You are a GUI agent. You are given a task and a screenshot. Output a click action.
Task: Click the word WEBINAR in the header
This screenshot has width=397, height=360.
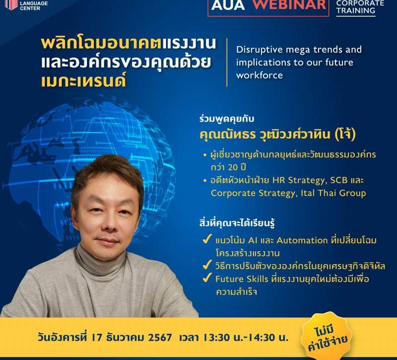point(289,5)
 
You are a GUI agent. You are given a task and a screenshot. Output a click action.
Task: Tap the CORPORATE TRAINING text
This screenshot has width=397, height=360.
point(360,7)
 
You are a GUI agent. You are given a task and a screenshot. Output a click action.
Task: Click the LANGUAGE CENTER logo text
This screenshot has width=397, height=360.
point(34,6)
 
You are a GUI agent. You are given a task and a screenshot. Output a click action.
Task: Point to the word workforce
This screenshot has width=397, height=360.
point(259,75)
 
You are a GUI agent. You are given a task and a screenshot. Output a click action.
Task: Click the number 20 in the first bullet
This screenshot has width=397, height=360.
point(233,167)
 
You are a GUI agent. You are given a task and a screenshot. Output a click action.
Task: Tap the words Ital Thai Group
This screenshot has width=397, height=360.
point(333,193)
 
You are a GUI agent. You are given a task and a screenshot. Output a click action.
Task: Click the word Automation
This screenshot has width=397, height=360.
point(302,240)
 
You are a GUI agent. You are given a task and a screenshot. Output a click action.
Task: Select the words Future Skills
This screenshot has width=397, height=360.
point(242,279)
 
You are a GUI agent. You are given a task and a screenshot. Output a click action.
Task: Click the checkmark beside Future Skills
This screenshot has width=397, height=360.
point(207,278)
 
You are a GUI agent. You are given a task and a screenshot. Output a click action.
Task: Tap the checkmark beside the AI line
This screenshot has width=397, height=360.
point(207,239)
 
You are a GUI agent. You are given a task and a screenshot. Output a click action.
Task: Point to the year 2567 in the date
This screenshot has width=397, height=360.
point(159,338)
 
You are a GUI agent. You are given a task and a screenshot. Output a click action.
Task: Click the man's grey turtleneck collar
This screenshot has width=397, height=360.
point(100,264)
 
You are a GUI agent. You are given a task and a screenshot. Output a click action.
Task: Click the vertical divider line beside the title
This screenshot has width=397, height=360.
point(227,63)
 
